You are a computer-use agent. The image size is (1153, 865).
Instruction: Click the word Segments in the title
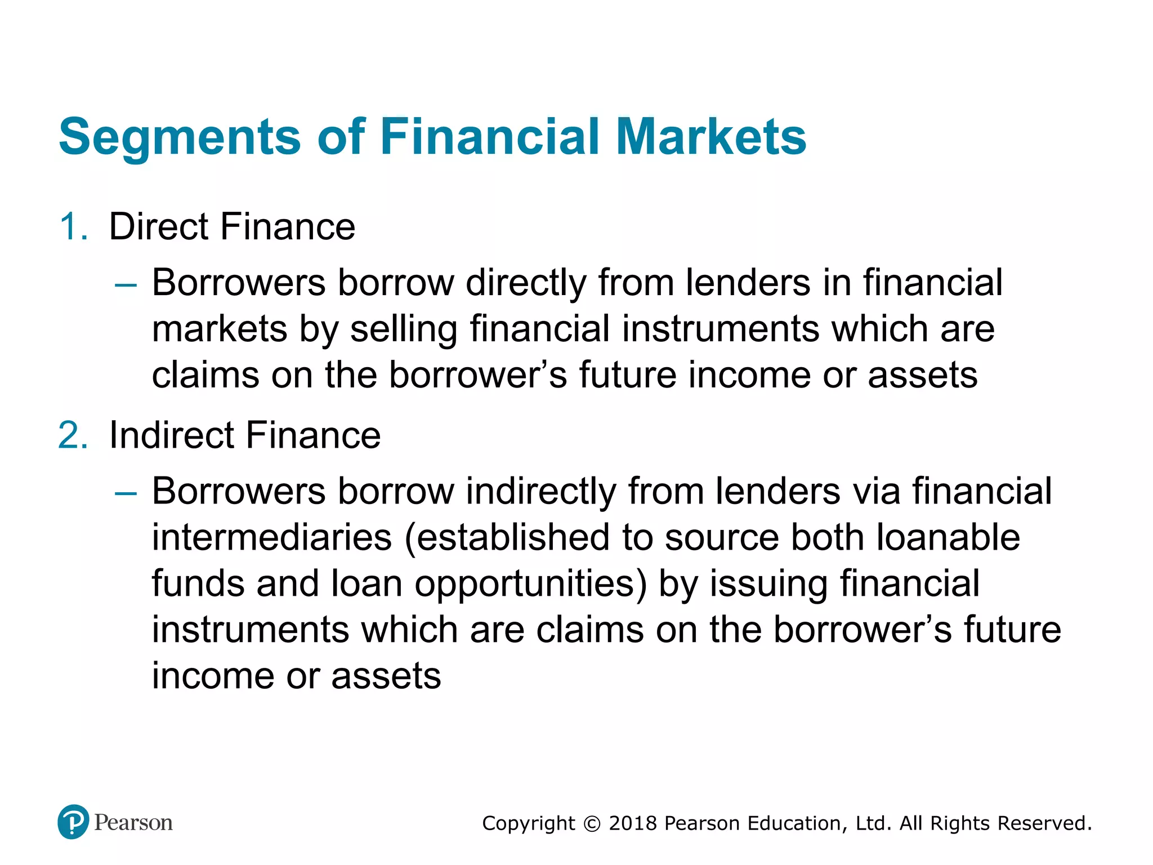pos(180,137)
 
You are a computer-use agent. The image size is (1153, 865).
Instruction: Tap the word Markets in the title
pos(711,137)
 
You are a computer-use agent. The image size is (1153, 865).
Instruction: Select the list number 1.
pos(73,227)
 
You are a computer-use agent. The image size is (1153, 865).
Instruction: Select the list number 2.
pos(73,435)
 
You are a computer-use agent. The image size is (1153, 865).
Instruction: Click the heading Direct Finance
pos(232,227)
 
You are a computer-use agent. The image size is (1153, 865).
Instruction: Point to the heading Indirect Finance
pos(245,435)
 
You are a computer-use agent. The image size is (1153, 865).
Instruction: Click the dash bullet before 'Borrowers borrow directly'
pos(126,285)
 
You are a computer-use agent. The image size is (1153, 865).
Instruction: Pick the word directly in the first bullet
pos(526,283)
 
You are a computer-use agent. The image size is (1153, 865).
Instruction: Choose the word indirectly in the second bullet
pos(541,491)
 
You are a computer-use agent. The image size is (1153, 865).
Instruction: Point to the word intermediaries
pos(272,537)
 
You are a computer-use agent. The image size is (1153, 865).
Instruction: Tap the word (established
pos(507,538)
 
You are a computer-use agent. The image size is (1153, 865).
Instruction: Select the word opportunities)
pos(530,585)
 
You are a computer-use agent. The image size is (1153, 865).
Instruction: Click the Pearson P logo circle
pos(73,822)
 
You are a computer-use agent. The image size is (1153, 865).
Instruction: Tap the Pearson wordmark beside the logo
pos(133,823)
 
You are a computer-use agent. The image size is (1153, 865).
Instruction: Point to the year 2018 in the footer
pos(633,823)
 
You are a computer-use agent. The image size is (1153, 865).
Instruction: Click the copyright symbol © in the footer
pos(592,824)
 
